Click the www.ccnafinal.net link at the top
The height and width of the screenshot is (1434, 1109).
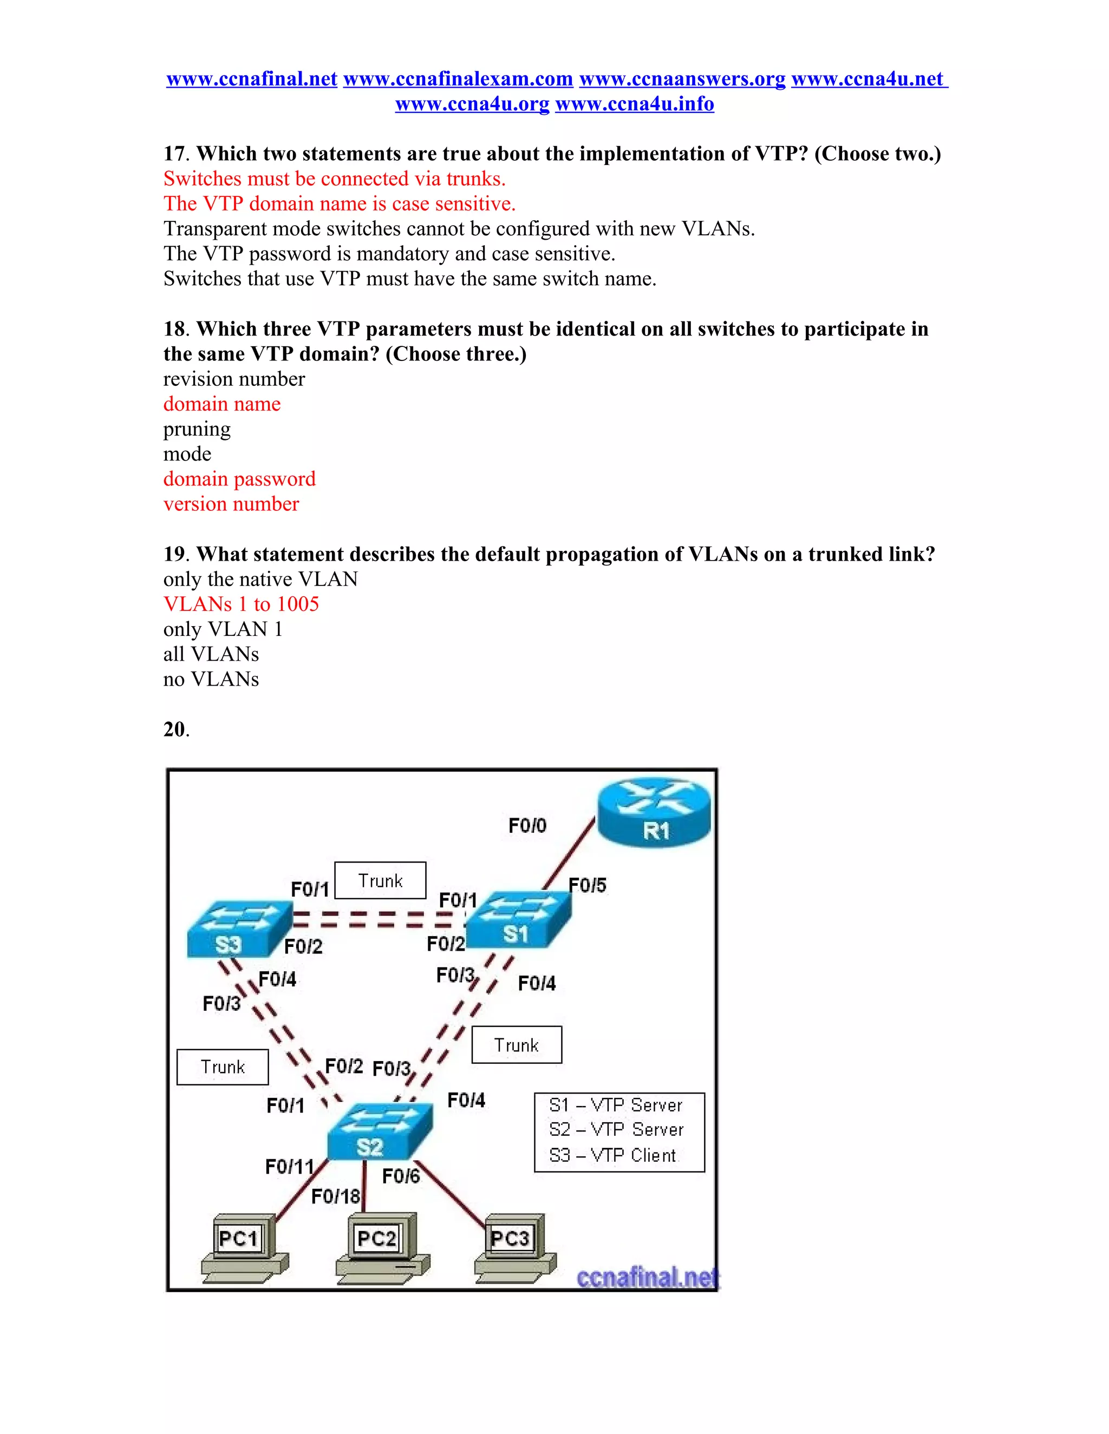click(x=252, y=79)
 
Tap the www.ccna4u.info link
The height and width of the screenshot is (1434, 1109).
click(x=634, y=104)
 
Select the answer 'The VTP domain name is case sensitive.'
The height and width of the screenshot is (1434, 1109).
click(x=339, y=203)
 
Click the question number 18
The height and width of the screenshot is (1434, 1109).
click(x=175, y=329)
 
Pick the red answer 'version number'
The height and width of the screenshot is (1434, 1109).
click(x=231, y=504)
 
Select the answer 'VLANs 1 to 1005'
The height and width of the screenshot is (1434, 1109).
click(x=240, y=604)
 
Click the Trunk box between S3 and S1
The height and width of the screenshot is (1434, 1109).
click(x=380, y=880)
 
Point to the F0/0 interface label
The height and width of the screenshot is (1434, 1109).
click(x=527, y=825)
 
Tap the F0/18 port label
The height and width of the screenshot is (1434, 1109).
click(x=335, y=1196)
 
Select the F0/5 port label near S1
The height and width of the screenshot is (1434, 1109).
click(x=588, y=885)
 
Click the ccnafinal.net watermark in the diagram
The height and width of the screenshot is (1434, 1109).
click(x=647, y=1277)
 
